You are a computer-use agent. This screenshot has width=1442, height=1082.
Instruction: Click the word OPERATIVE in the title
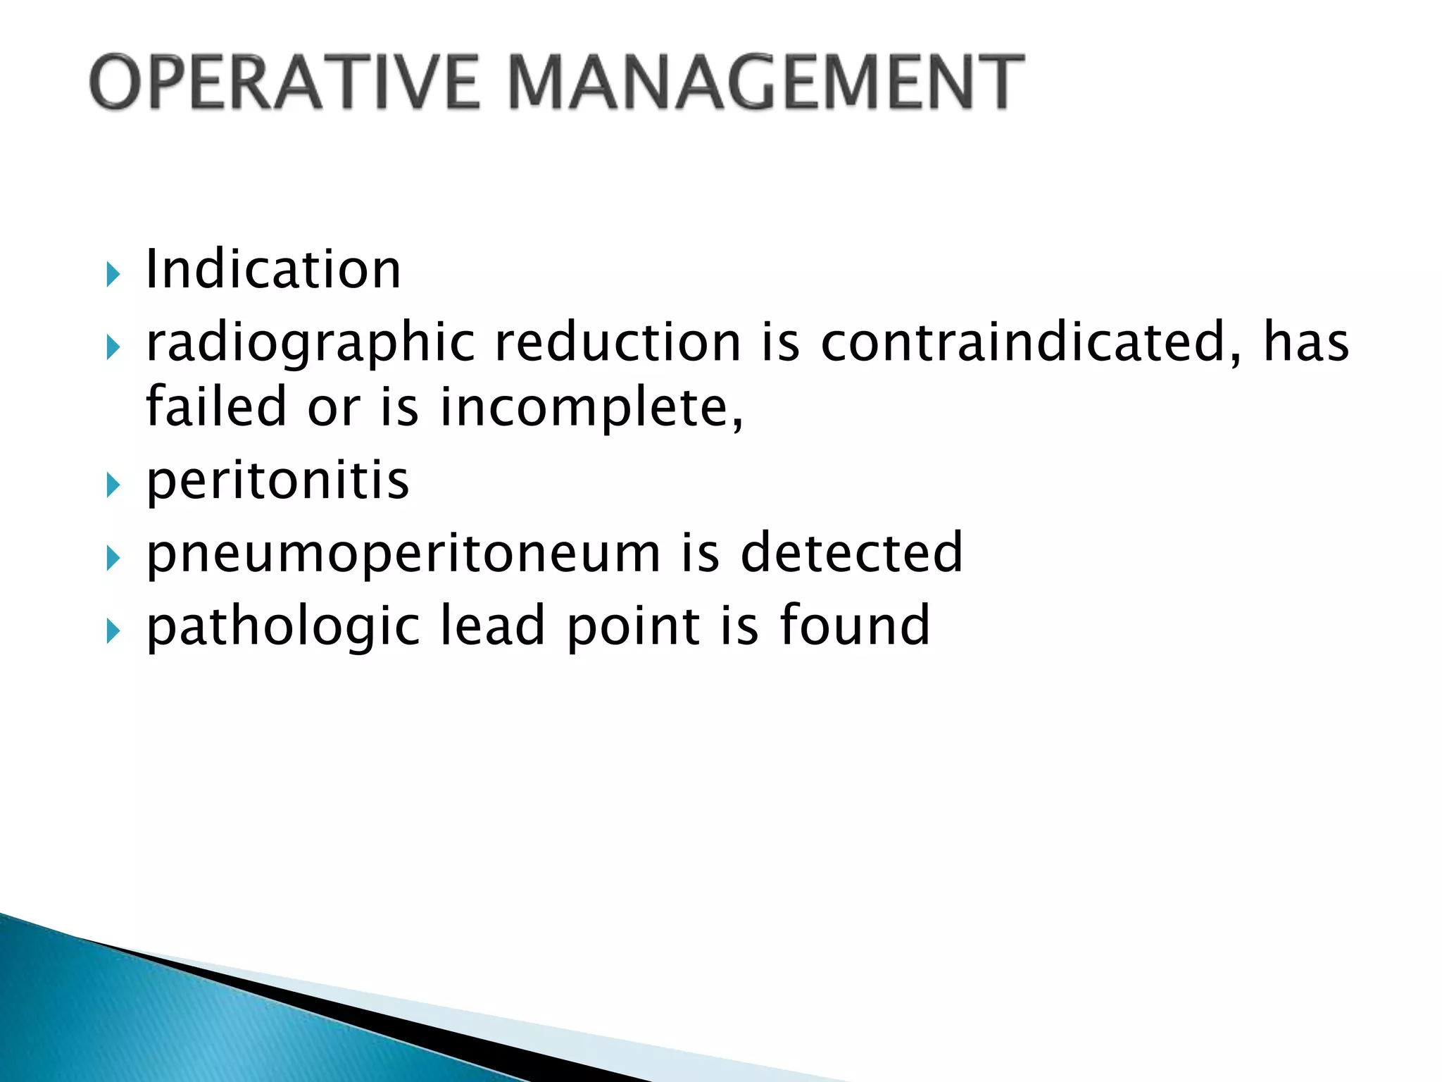[x=284, y=82]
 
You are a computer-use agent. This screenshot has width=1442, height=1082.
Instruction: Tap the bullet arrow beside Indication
[x=113, y=274]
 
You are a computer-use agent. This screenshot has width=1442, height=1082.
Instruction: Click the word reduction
[x=618, y=343]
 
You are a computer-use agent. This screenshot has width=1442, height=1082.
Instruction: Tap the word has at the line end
[x=1306, y=343]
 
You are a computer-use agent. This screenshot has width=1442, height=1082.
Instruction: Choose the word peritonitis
[x=277, y=481]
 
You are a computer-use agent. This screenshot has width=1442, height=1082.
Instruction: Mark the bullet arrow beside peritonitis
[x=113, y=485]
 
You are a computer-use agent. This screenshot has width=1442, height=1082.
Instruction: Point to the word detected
[x=851, y=553]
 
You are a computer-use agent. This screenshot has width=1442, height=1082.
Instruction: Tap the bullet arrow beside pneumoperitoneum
[x=113, y=559]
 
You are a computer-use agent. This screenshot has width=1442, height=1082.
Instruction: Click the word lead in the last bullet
[x=492, y=625]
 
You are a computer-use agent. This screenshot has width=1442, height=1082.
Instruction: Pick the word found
[x=855, y=625]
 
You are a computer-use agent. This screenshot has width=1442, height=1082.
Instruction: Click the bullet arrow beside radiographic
[x=113, y=347]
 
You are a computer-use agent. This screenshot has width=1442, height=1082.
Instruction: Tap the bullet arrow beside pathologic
[x=113, y=630]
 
